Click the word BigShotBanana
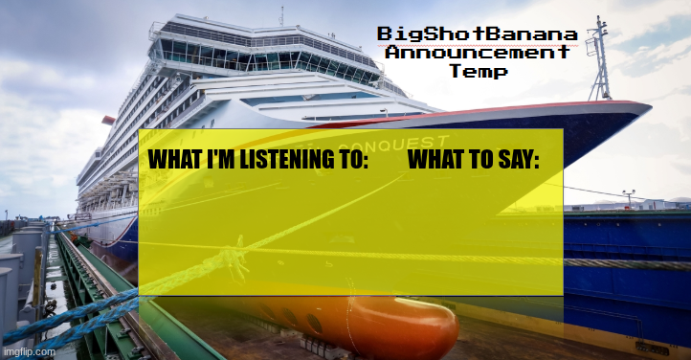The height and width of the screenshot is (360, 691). pos(477,34)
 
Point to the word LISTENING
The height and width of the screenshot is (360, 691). pos(282,160)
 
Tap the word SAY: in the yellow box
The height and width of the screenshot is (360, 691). pos(517,160)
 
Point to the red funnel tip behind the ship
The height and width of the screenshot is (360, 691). pos(108,121)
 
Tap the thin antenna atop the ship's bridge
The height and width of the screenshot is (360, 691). pos(281,14)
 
